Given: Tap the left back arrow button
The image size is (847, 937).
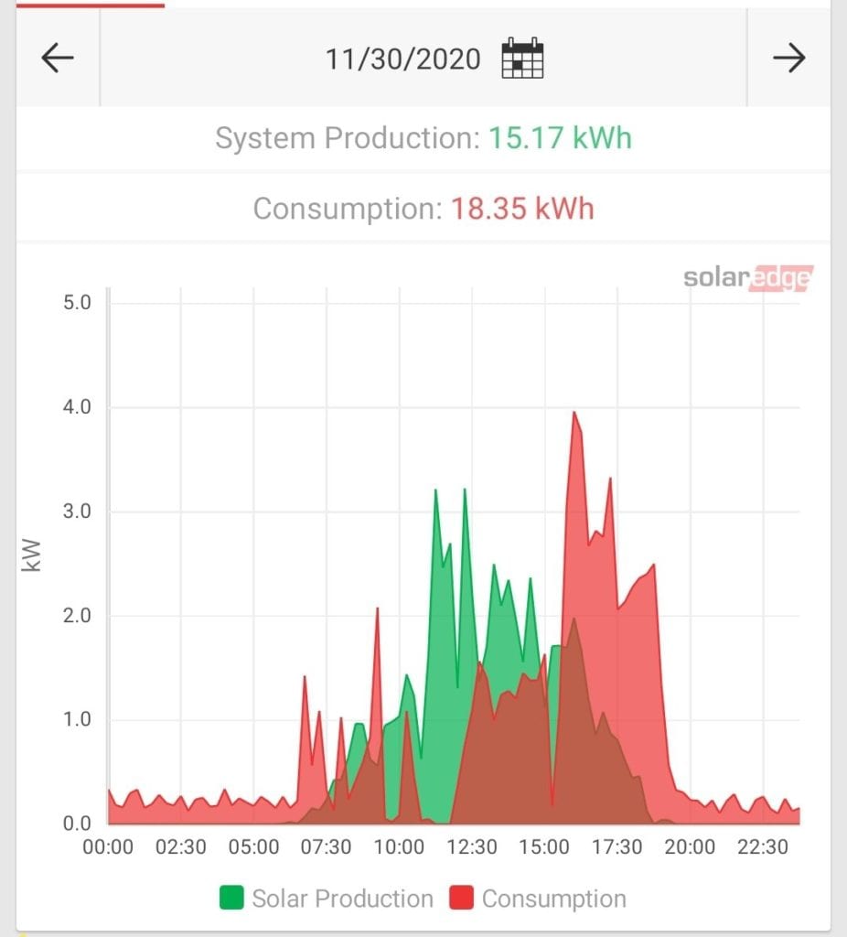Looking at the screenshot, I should [x=57, y=59].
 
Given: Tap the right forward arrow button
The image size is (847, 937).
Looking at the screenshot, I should [x=788, y=59].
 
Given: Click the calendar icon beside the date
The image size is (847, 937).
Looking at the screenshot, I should [x=522, y=59].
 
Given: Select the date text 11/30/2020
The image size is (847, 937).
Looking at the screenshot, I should [x=402, y=59].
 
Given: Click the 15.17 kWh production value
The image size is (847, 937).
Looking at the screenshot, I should [x=559, y=139].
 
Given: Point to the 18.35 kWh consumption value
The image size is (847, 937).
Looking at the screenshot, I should [x=522, y=209].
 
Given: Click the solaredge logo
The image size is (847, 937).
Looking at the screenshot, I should [x=747, y=278].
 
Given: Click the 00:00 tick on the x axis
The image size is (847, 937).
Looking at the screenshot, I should [x=108, y=847].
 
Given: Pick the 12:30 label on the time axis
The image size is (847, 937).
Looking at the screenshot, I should [x=472, y=847].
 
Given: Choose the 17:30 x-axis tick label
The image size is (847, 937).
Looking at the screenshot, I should [x=617, y=847].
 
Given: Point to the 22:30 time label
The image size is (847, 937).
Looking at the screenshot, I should [x=763, y=847].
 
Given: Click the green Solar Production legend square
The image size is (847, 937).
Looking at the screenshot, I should [x=232, y=899].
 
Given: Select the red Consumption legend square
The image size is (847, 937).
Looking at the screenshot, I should [x=462, y=899].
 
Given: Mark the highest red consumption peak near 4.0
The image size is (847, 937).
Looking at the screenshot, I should [x=574, y=413].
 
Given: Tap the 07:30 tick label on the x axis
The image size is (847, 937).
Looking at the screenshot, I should [x=327, y=847].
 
